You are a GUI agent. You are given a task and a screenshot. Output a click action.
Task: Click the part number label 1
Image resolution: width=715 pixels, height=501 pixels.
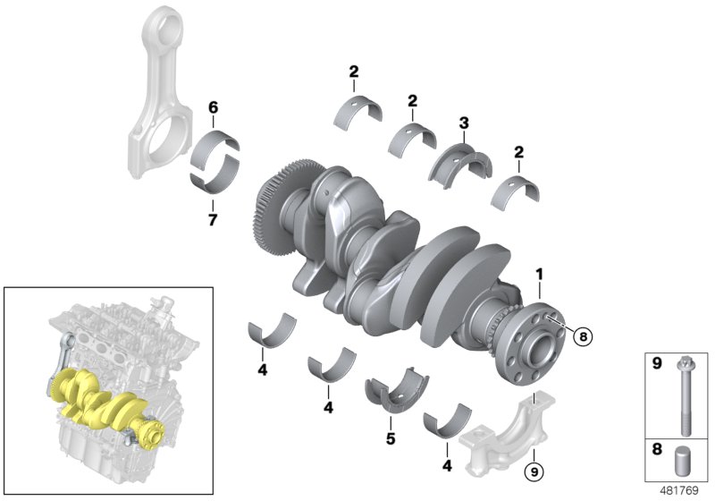coord(538,272)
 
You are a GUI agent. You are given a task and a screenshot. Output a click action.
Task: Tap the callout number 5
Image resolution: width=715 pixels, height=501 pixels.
coord(390,439)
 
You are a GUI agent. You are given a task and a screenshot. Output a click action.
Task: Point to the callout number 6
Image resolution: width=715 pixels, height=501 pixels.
coord(213,107)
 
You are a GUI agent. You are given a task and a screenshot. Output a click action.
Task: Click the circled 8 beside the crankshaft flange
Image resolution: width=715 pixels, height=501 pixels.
coord(582,336)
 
